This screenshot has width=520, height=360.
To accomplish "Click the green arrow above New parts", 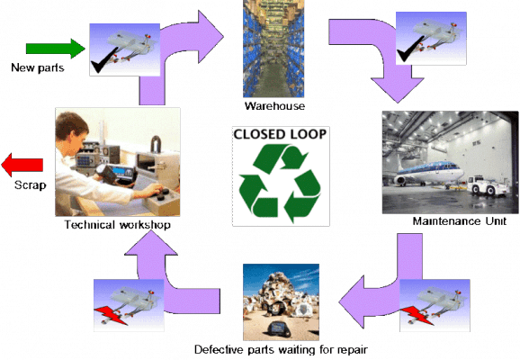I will tap(53, 48).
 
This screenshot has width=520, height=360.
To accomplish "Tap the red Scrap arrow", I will tap(22, 165).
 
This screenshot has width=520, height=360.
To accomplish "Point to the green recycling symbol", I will tap(280, 184).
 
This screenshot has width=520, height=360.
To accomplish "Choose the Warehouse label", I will tap(273, 105).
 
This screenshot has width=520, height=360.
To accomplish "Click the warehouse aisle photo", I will tap(273, 49).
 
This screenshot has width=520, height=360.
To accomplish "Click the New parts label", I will tap(35, 68).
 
